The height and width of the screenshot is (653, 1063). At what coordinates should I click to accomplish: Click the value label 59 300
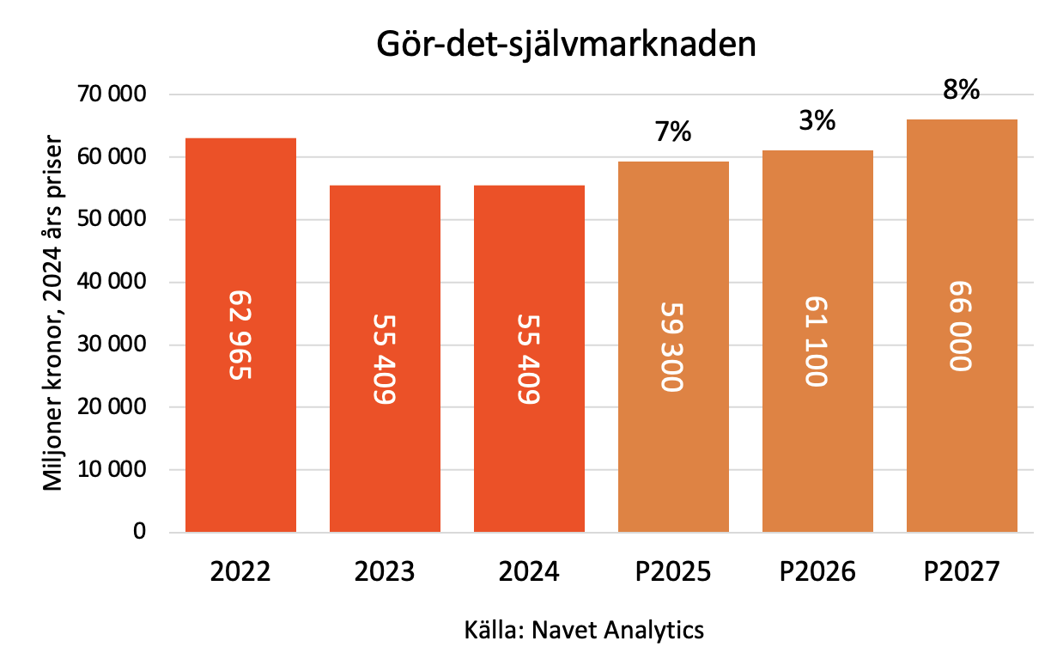672,346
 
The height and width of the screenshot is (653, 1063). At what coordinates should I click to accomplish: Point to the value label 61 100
817,341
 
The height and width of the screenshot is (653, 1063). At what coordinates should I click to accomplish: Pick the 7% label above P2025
672,132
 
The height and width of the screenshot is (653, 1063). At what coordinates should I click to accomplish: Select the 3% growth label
817,121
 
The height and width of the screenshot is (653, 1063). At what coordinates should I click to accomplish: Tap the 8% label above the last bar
962,89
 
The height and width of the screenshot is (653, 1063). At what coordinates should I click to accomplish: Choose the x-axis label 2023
385,571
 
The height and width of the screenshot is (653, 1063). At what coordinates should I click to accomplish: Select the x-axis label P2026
817,571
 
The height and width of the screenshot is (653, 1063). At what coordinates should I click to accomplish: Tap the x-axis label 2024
529,571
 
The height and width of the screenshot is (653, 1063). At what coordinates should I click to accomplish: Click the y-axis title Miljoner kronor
54,312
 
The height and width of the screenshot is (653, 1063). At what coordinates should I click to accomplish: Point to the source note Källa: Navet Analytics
584,630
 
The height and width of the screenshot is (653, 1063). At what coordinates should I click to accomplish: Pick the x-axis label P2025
672,571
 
